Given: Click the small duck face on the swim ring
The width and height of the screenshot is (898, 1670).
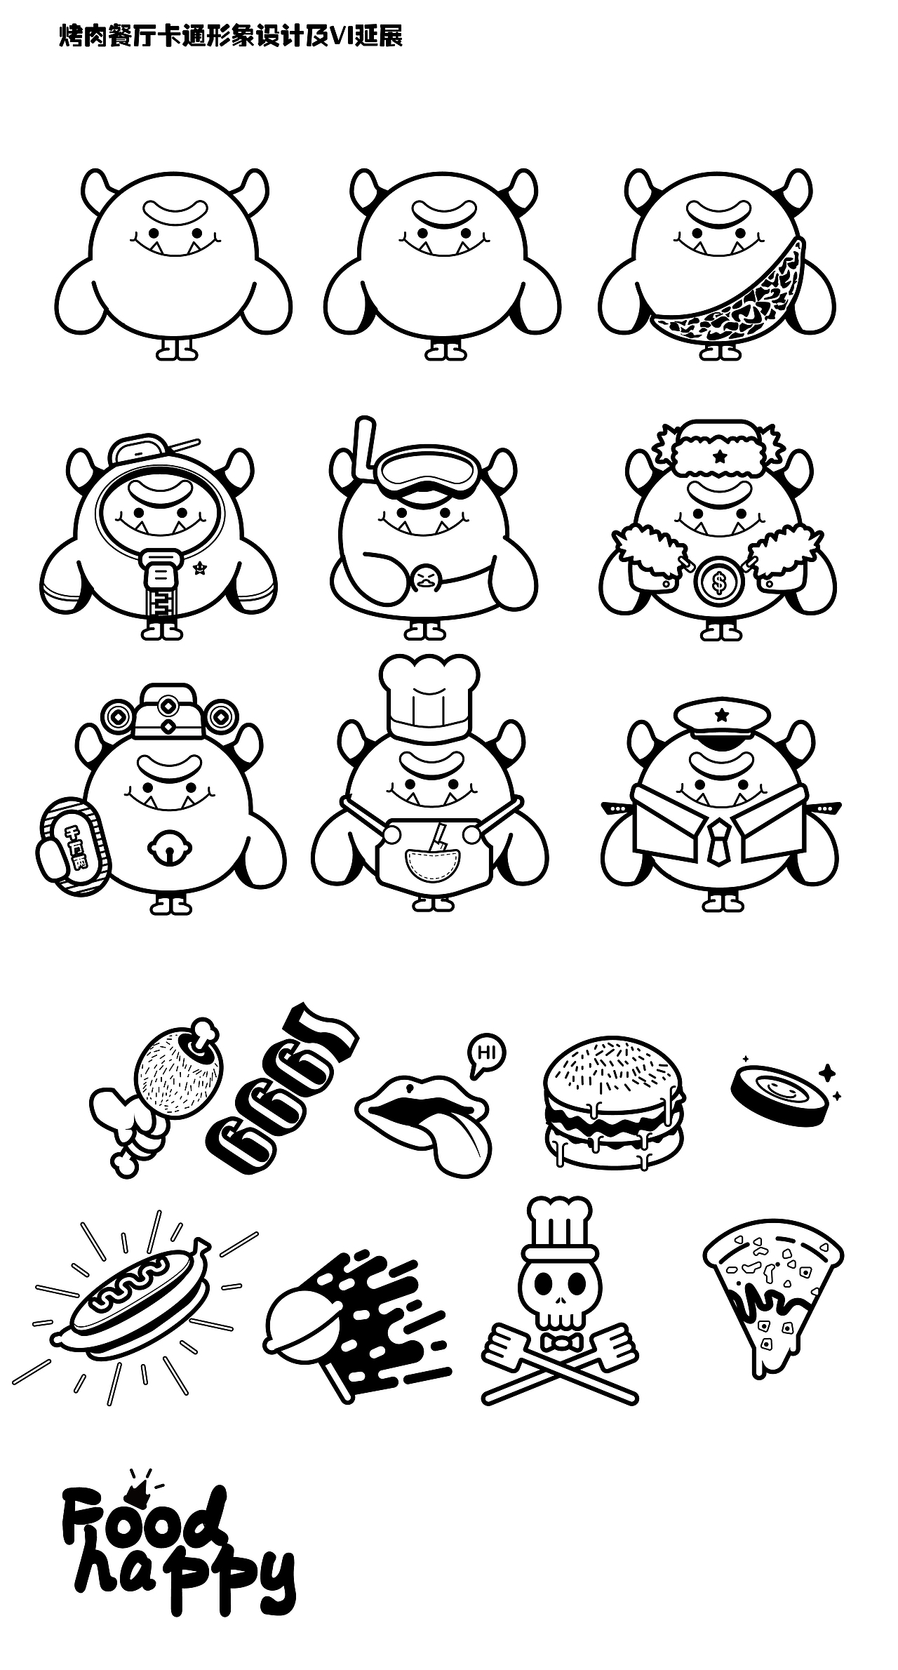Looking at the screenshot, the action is point(424,580).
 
